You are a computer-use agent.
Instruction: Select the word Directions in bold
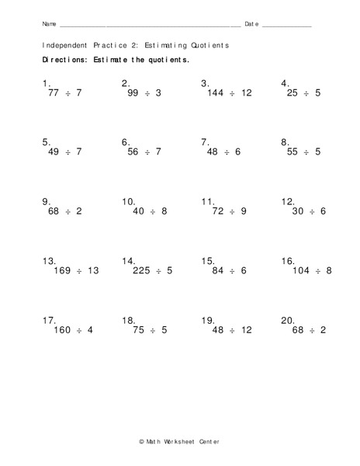[64, 60]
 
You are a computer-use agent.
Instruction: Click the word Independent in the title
[64, 45]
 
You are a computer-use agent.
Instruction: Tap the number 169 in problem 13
[61, 271]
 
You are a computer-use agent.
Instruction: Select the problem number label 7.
[206, 142]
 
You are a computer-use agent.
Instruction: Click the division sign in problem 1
[67, 93]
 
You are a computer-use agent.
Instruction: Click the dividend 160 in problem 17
[61, 330]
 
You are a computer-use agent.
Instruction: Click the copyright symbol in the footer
[142, 440]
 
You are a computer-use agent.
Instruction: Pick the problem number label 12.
[288, 201]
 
